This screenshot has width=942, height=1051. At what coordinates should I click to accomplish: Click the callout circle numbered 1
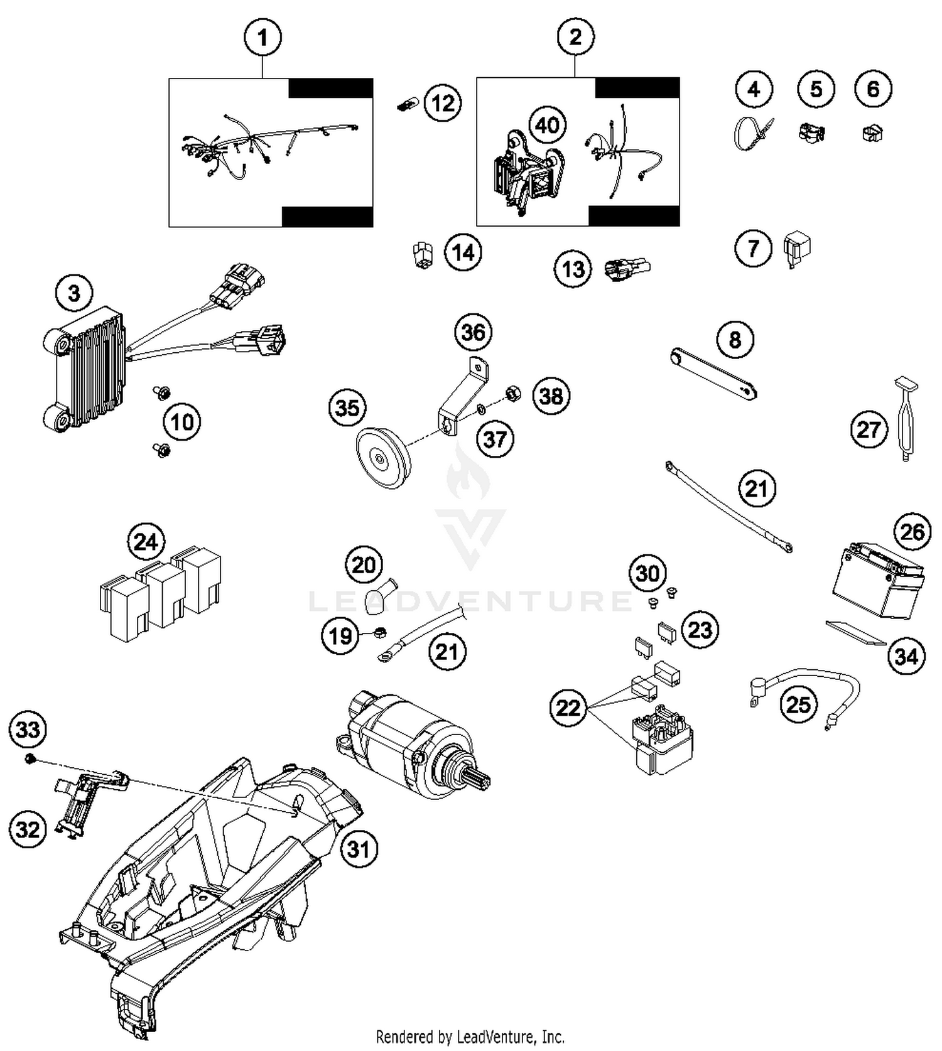point(263,38)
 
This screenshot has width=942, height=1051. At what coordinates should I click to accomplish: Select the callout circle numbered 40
point(547,125)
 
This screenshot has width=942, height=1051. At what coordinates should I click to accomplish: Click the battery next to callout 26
point(878,581)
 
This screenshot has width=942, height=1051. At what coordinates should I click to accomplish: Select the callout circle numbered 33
point(28,730)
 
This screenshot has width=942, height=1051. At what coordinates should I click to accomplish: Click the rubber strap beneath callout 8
point(713,374)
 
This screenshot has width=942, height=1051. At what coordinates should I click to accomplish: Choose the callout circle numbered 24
point(146,541)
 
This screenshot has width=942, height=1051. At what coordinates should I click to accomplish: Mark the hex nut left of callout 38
point(513,394)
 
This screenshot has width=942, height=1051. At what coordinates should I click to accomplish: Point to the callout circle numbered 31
point(359,849)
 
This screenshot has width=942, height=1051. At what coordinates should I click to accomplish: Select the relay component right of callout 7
point(797,249)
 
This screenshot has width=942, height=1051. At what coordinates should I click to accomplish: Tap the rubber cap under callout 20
point(379,598)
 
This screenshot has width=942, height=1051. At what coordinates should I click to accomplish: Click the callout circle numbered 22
point(568,708)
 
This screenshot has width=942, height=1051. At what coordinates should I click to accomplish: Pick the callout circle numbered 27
point(869,430)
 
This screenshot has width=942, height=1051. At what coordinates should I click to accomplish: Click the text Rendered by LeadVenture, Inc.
point(470,1036)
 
